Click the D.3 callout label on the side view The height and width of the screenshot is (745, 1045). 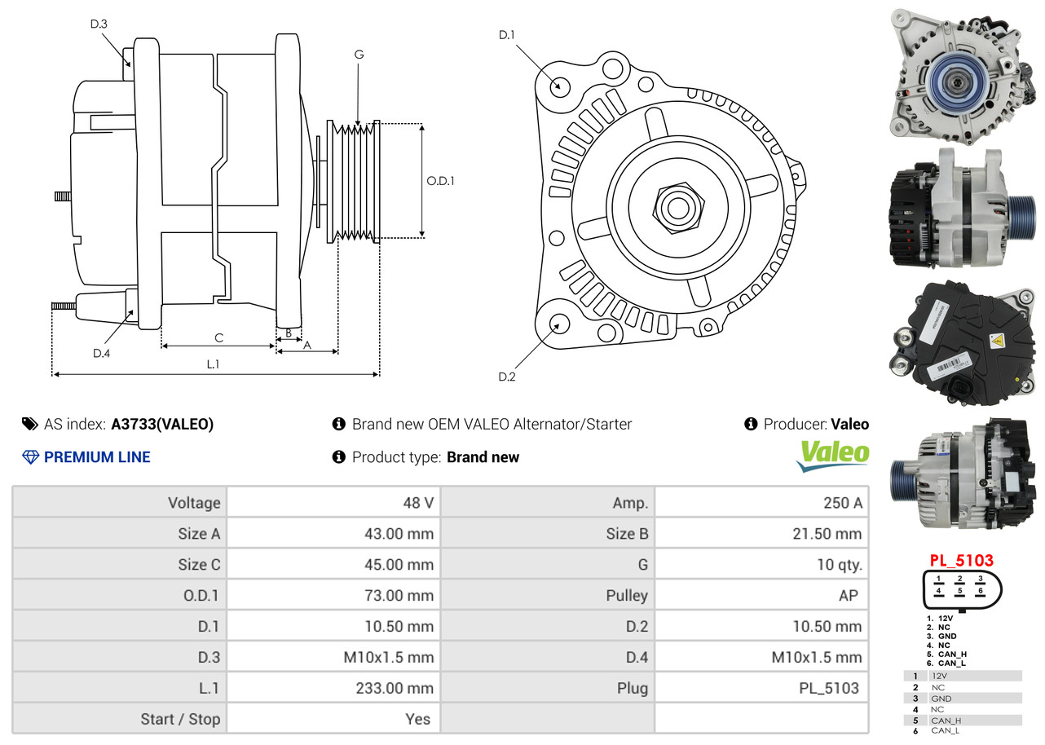click(x=99, y=24)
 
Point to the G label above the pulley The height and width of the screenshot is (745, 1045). click(x=359, y=55)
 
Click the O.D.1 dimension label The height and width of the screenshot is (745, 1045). click(x=440, y=181)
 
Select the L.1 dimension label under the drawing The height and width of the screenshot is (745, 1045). click(x=213, y=364)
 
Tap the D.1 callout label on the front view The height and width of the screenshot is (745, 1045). click(x=506, y=35)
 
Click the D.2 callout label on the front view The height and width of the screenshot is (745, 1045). click(x=507, y=377)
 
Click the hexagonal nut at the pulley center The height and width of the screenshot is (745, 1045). click(x=678, y=208)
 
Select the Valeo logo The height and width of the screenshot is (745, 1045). click(x=832, y=456)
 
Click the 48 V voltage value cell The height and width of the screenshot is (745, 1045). click(x=418, y=502)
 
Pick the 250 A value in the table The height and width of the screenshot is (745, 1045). click(x=843, y=502)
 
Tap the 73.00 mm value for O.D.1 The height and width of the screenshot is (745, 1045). click(x=399, y=595)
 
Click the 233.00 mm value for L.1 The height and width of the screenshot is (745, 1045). click(x=395, y=688)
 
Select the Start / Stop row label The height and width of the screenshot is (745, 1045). click(x=180, y=719)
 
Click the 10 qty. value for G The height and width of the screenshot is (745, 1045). click(x=840, y=565)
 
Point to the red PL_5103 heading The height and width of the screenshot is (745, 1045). click(x=962, y=560)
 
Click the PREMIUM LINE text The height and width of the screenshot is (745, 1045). click(x=97, y=457)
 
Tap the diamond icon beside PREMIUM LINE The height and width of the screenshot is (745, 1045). click(x=30, y=457)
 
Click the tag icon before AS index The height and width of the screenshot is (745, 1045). click(x=30, y=424)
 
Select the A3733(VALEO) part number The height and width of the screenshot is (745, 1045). click(x=162, y=424)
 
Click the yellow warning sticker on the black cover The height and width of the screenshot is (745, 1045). click(x=996, y=342)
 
